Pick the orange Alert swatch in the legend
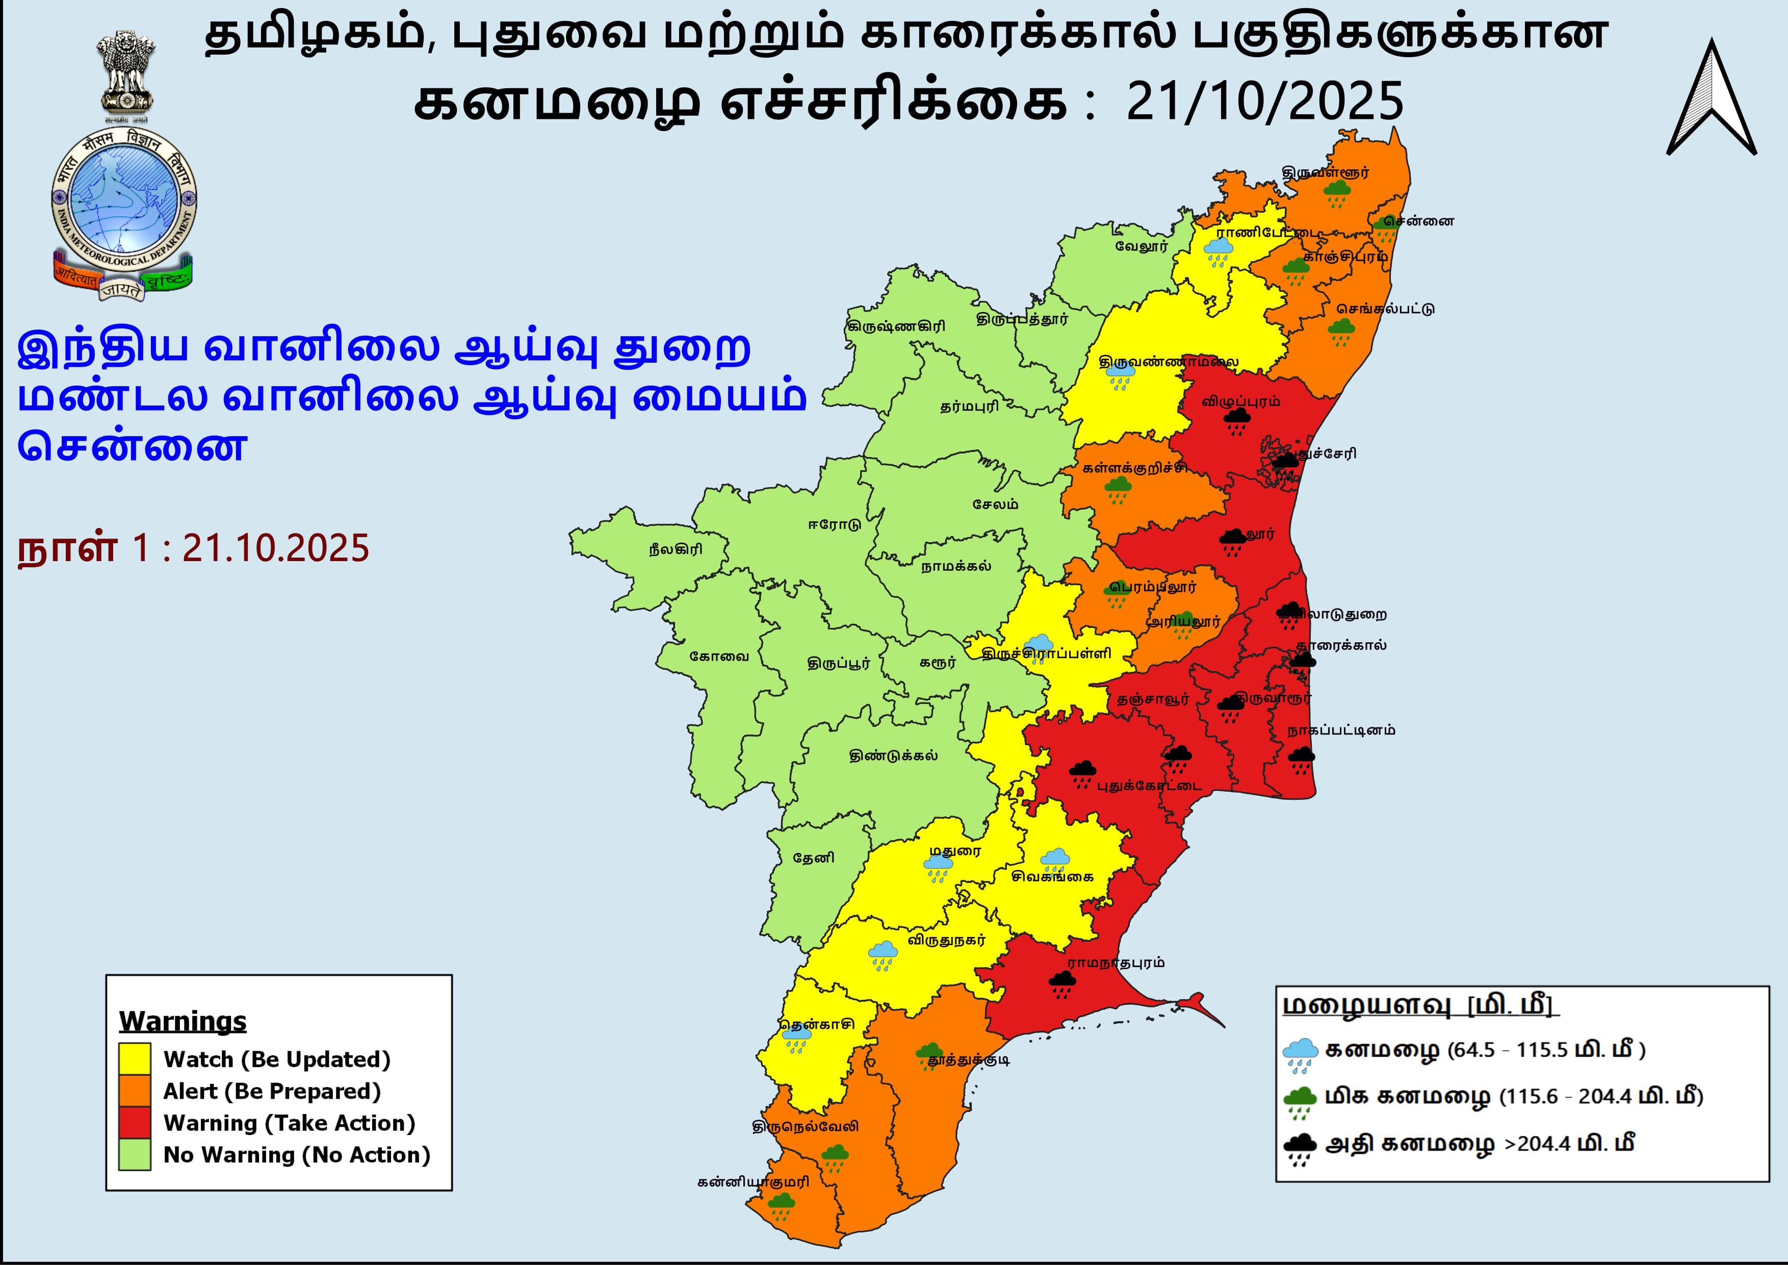point(135,1091)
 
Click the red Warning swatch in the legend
point(135,1123)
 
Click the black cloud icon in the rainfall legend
point(1300,1147)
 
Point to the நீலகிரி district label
point(675,549)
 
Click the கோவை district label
point(719,656)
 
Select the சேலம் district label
point(995,504)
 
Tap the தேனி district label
point(813,857)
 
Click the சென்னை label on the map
point(1424,221)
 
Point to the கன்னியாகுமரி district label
point(753,1182)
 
